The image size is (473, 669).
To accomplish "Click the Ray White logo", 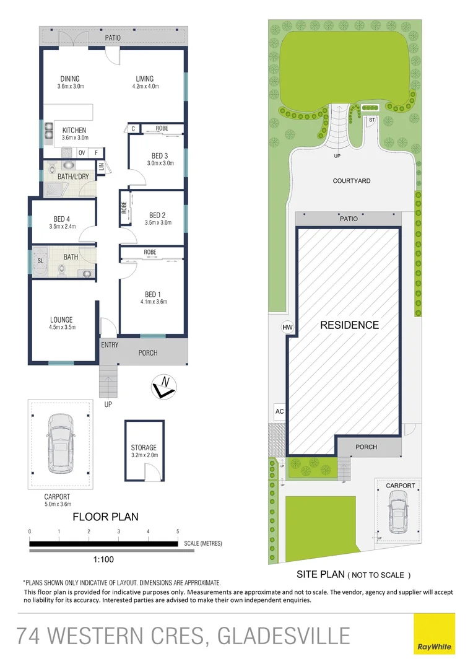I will point(434,633).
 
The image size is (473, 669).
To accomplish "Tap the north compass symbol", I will point(164,387).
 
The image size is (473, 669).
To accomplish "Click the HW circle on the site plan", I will point(287,326).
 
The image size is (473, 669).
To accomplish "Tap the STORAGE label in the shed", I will point(144,447).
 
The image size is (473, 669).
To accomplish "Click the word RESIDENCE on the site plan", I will point(349,325).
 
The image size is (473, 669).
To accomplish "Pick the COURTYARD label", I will point(352,181).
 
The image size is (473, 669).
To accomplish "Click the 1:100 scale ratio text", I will point(103,559).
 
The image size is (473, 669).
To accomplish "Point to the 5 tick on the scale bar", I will point(178,531).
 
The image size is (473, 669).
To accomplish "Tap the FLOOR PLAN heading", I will point(105,517).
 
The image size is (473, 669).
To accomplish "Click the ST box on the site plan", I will point(372,119).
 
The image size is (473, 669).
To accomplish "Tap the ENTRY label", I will point(110,345).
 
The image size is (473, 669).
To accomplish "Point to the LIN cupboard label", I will point(101,167).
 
